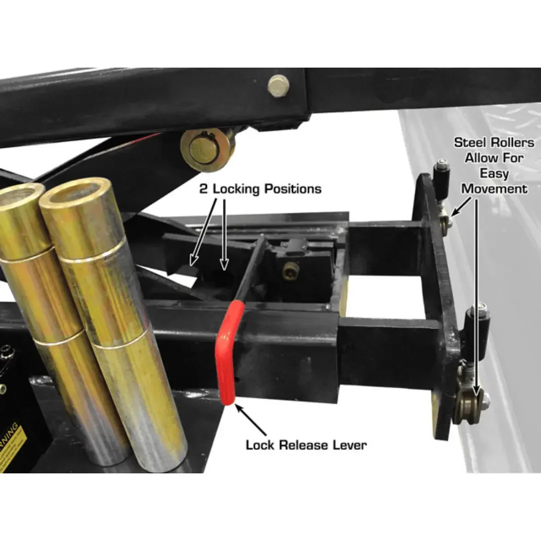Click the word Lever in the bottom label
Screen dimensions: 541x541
coord(348,445)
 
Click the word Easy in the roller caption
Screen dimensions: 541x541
coord(494,173)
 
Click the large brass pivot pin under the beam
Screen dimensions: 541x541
coord(207,148)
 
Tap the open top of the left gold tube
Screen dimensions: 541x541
coord(20,193)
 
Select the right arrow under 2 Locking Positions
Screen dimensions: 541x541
coord(224,233)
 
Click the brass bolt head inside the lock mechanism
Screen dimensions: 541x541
coord(291,271)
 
